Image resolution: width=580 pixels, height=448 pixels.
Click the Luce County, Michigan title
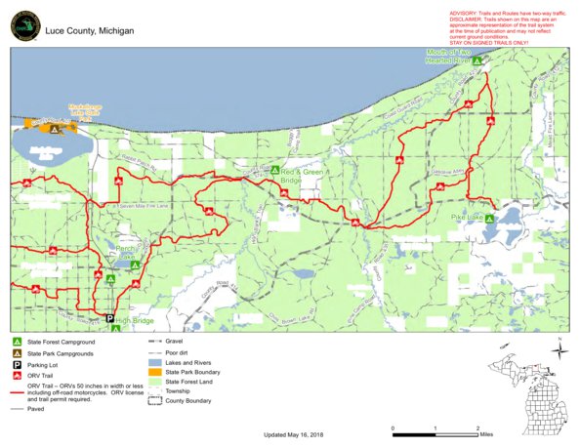pos(88,31)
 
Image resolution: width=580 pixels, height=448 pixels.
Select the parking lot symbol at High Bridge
pos(110,318)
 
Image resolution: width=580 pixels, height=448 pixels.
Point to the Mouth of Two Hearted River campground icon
pos(478,60)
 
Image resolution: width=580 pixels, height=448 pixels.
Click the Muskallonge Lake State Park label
pos(59,113)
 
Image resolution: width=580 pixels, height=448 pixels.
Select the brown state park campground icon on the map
pos(56,128)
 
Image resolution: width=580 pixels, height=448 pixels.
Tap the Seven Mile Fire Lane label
pos(142,206)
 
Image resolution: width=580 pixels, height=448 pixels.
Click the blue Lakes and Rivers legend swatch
pos(155,361)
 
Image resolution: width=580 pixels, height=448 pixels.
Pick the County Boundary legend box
pos(155,401)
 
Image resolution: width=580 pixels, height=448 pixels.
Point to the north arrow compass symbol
pos(558,348)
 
